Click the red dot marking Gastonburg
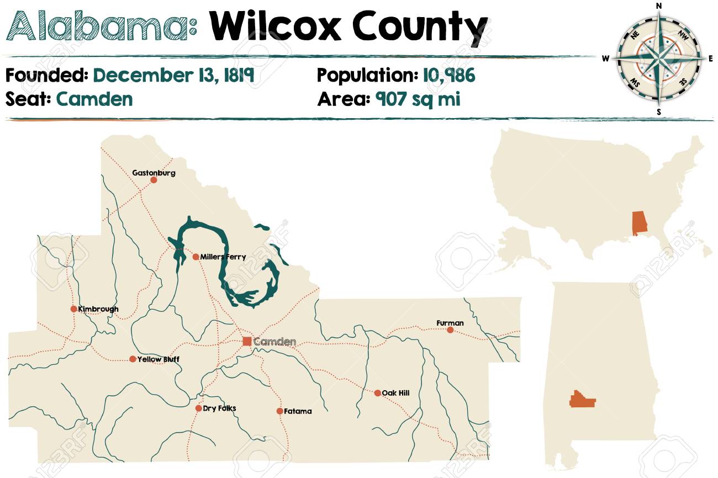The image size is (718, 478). click(x=154, y=180)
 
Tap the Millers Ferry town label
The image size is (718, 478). click(x=223, y=257)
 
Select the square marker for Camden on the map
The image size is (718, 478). click(x=247, y=341)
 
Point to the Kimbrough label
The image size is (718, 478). click(x=98, y=309)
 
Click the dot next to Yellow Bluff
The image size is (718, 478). click(x=133, y=359)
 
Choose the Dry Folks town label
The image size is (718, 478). click(x=219, y=408)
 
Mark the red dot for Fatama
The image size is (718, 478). click(x=280, y=411)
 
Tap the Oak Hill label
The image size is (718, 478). click(x=395, y=393)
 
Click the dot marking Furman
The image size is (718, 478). click(x=450, y=330)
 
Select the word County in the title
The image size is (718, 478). click(x=420, y=26)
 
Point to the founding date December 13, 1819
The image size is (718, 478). click(x=173, y=75)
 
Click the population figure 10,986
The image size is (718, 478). click(x=449, y=75)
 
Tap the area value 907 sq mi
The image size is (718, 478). click(x=418, y=99)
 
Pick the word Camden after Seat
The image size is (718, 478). click(x=94, y=99)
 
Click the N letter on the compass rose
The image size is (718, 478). click(x=658, y=6)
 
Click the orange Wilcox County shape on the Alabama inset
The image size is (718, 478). click(x=583, y=399)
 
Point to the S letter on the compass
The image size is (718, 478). click(x=658, y=111)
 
